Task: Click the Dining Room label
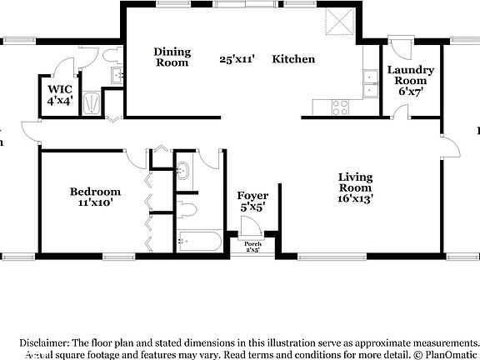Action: [172, 57]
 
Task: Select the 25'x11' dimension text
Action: [237, 59]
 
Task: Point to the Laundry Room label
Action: [410, 76]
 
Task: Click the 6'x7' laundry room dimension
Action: [410, 92]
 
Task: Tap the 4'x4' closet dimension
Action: [60, 100]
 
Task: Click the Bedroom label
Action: [95, 192]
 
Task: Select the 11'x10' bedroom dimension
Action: [95, 202]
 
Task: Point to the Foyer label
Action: [252, 197]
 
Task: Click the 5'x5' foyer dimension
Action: [252, 207]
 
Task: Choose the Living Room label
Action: [355, 182]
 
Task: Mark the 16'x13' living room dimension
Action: [355, 199]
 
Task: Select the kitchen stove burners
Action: [341, 107]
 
